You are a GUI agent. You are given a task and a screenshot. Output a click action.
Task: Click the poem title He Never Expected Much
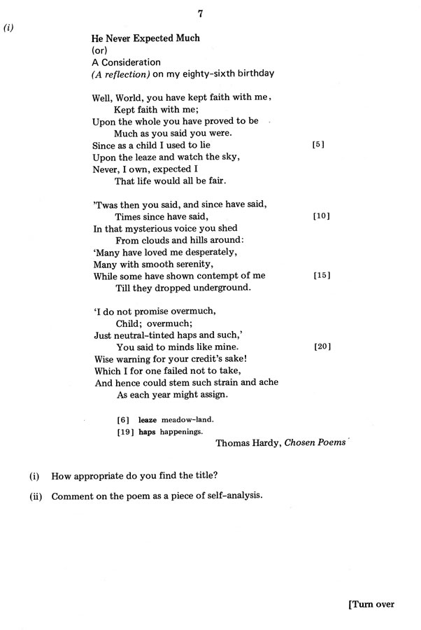[145, 38]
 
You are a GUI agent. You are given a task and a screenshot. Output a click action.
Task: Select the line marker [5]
[320, 145]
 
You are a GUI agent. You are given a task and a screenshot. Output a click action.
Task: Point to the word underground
[220, 288]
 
